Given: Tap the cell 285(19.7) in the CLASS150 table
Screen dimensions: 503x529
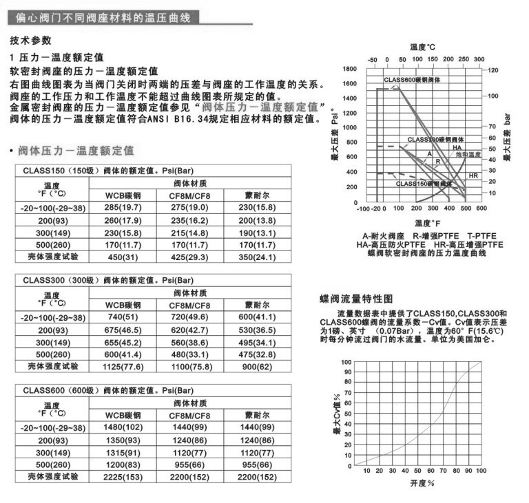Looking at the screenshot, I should (123, 207).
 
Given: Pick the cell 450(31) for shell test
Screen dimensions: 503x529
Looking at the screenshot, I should (123, 257).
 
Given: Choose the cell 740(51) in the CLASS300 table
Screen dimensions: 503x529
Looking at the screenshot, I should (123, 317).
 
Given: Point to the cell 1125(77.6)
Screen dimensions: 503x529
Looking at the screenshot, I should (123, 367).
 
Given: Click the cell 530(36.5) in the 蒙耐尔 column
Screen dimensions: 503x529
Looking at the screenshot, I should (257, 330).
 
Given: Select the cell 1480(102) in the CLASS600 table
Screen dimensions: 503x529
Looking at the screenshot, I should (123, 427).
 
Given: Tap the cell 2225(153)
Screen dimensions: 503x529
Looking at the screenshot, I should (123, 477).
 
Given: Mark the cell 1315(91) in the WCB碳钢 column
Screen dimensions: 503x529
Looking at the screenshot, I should (123, 452).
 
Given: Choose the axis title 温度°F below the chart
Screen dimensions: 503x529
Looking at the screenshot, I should (429, 223).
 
